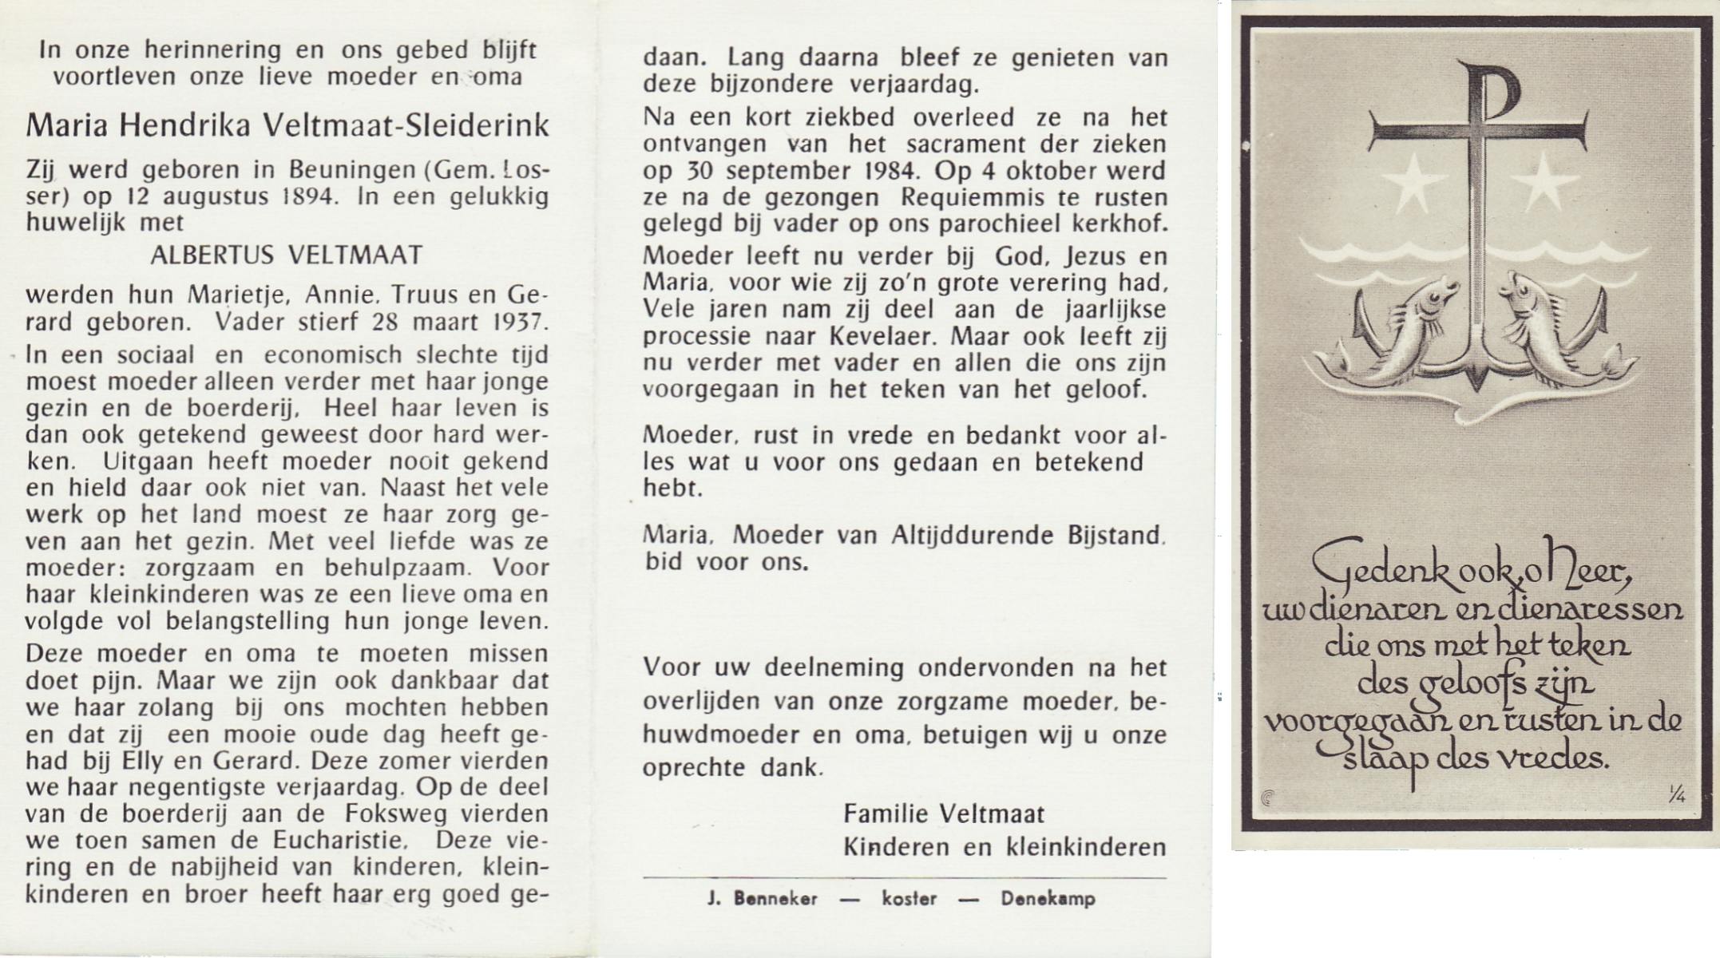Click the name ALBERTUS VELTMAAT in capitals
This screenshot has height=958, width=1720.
tap(287, 255)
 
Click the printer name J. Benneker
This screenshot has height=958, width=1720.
tap(763, 899)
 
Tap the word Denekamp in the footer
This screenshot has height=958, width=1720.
tap(1048, 899)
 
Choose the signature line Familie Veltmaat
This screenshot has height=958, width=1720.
tap(944, 814)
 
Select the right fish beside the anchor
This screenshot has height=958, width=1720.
tap(1548, 327)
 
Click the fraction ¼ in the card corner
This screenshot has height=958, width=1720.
tap(1676, 794)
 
